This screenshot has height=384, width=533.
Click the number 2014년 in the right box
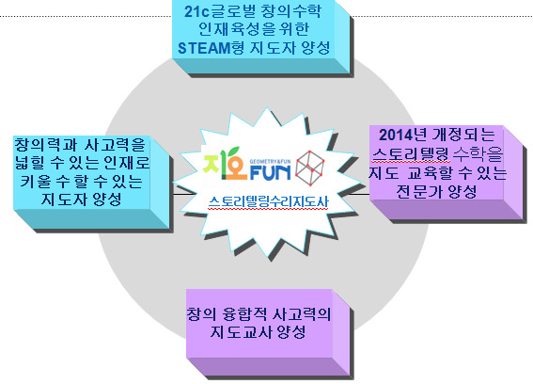(403, 135)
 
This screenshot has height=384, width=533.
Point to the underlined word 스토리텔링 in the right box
(412, 154)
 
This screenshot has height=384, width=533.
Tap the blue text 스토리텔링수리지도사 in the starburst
(269, 201)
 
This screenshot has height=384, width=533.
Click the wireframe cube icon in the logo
(310, 168)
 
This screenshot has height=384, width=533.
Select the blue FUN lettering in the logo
(270, 173)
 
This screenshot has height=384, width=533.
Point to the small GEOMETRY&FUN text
(270, 162)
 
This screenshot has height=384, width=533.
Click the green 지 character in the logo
(212, 164)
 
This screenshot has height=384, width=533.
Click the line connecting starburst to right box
(358, 195)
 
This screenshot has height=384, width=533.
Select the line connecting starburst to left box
(180, 195)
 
